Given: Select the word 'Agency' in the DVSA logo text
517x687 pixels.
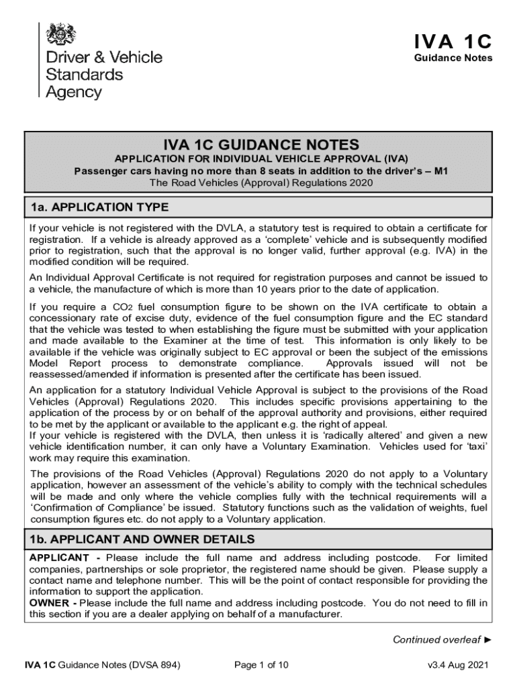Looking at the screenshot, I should click(x=73, y=92).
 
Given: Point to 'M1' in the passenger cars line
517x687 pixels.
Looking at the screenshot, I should click(x=441, y=170).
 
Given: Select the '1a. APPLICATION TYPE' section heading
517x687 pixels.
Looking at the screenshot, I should click(x=99, y=207).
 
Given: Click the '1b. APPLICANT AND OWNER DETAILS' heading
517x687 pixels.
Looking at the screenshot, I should click(x=142, y=539).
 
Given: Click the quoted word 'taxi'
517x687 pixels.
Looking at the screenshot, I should click(x=475, y=446).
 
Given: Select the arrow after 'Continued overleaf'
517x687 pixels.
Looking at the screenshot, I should click(x=487, y=639).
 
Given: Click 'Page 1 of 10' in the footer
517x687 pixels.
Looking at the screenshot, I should click(x=261, y=666).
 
